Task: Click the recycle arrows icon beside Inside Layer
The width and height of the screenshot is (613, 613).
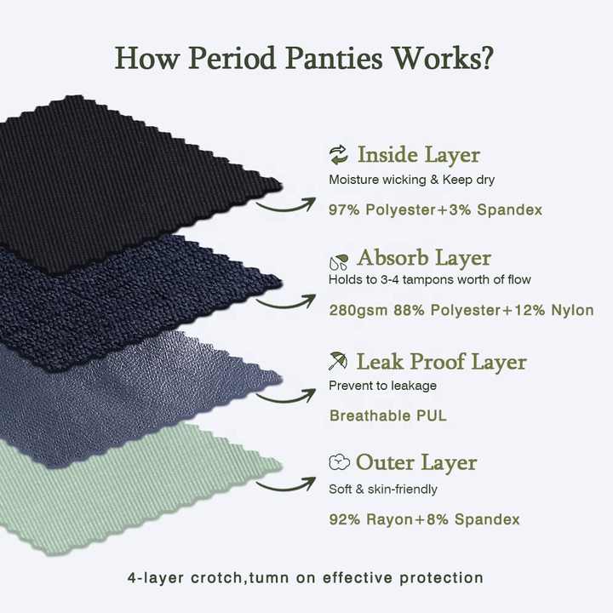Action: (338, 154)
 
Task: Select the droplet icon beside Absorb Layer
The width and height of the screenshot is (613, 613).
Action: (338, 260)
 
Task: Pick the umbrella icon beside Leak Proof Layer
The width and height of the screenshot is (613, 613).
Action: (338, 362)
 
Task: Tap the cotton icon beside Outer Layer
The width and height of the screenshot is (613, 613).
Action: (339, 462)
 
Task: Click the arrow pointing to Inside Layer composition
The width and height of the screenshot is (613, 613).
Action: (294, 202)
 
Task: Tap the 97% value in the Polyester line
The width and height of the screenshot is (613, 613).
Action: (345, 209)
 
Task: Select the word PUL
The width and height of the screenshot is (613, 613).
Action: (431, 416)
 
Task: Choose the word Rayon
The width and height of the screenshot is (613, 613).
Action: (386, 519)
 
